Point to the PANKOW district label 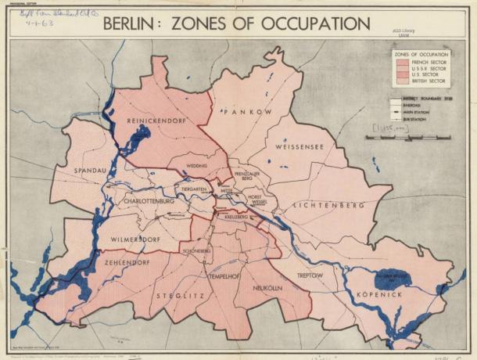[x=246, y=113]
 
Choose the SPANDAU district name [x=77, y=168]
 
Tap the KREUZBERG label [x=235, y=216]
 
